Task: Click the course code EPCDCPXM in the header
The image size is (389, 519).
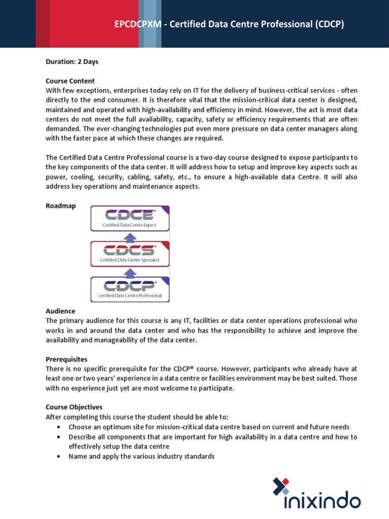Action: click(136, 24)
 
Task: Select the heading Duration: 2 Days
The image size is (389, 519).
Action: click(72, 62)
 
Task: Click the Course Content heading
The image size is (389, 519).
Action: click(70, 81)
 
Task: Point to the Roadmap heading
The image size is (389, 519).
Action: click(60, 206)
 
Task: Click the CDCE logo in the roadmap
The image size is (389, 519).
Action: click(130, 215)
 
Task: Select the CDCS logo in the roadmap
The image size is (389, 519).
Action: click(130, 250)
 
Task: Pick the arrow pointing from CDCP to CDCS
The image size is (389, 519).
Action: click(130, 272)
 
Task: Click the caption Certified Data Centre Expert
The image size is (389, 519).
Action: click(130, 225)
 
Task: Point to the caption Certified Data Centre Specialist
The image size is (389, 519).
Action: click(130, 260)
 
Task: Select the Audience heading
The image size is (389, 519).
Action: click(60, 311)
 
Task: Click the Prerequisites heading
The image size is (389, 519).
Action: click(66, 359)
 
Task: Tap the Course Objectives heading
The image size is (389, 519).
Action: click(74, 407)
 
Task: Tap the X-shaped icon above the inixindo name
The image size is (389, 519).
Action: click(281, 486)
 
